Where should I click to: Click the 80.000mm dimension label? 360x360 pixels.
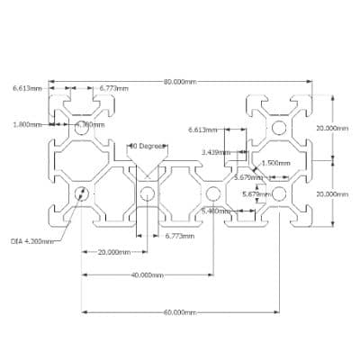[x=180, y=81]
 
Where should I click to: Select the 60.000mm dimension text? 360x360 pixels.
[x=180, y=311]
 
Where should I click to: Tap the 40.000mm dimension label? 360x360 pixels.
[x=147, y=274]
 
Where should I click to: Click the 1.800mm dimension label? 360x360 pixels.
[x=28, y=124]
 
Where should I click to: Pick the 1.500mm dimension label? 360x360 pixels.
[x=275, y=163]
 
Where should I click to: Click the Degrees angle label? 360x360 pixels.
[x=147, y=145]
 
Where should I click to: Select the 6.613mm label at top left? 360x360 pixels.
[x=28, y=88]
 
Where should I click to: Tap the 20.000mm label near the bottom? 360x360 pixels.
[x=114, y=252]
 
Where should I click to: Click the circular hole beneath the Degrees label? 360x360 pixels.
[x=148, y=193]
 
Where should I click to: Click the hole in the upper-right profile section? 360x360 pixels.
[x=278, y=129]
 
